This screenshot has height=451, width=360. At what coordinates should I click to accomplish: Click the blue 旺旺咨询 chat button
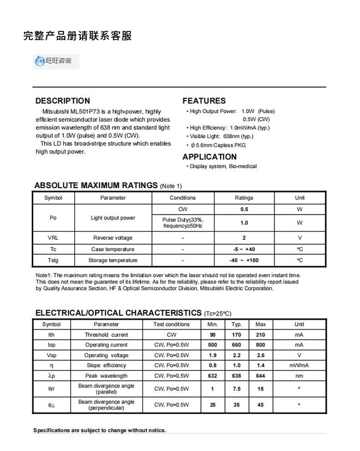[x=56, y=61]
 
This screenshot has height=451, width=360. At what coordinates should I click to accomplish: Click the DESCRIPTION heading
[x=62, y=101]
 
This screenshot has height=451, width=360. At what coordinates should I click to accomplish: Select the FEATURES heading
[x=204, y=101]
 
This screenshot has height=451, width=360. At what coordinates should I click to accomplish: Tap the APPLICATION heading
[x=209, y=157]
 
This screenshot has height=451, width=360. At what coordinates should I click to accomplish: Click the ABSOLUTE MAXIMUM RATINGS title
[x=96, y=185]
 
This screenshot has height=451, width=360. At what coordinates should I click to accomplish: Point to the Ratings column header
[x=244, y=198]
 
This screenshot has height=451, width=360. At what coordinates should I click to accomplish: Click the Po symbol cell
[x=53, y=218]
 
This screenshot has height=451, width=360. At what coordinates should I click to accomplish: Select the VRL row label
[x=53, y=238]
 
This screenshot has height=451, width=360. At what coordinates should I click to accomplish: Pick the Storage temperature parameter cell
[x=113, y=260]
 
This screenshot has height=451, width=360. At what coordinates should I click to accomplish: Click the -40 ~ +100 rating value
[x=244, y=260]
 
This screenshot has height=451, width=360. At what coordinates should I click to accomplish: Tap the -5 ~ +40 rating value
[x=244, y=249]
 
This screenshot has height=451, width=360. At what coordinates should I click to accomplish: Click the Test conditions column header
[x=171, y=324]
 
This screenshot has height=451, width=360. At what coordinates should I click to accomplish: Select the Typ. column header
[x=237, y=324]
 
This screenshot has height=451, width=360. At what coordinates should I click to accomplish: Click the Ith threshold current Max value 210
[x=260, y=335]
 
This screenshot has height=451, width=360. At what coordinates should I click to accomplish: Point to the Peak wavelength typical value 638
[x=237, y=376]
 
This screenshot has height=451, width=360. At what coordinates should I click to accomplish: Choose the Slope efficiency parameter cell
[x=106, y=365]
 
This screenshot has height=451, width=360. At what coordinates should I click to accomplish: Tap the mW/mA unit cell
[x=299, y=365]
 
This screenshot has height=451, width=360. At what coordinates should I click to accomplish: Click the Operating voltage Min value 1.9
[x=212, y=355]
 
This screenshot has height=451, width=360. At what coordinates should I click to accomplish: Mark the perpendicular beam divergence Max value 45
[x=260, y=405]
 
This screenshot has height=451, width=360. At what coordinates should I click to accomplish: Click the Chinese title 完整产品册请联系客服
[x=77, y=36]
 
